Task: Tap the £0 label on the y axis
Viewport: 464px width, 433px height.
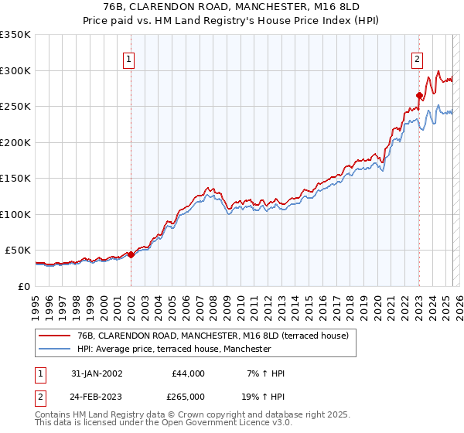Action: coord(25,286)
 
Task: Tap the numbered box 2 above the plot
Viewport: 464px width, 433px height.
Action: coord(418,57)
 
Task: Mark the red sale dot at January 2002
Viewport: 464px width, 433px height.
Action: coord(131,254)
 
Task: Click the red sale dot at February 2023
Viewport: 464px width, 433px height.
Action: coord(419,96)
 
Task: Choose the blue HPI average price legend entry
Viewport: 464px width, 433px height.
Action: coord(174,349)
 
